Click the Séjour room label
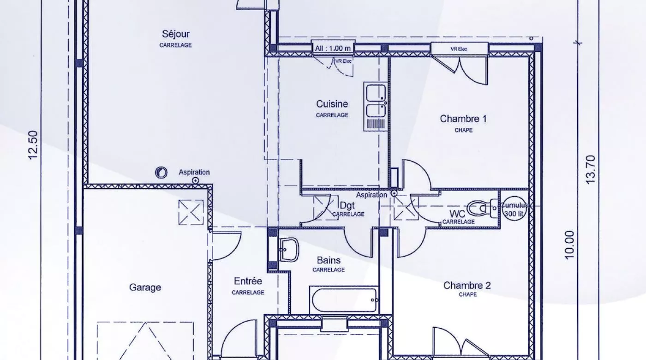[x=176, y=34]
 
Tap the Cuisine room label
[x=332, y=104]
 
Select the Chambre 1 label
[x=463, y=119]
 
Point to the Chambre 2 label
[x=467, y=286]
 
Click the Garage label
[x=145, y=288]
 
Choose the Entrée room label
[x=248, y=281]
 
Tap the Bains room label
[x=329, y=260]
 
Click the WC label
[x=457, y=214]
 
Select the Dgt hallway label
[x=347, y=205]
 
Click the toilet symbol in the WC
[x=483, y=208]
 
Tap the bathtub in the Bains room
[x=344, y=300]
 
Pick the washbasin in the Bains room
[x=288, y=250]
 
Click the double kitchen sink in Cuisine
[x=376, y=107]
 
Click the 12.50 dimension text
[x=33, y=145]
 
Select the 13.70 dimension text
[x=591, y=169]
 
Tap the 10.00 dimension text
[x=570, y=245]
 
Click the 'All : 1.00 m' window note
[x=333, y=48]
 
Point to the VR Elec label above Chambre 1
[x=459, y=49]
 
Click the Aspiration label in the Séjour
[x=194, y=172]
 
